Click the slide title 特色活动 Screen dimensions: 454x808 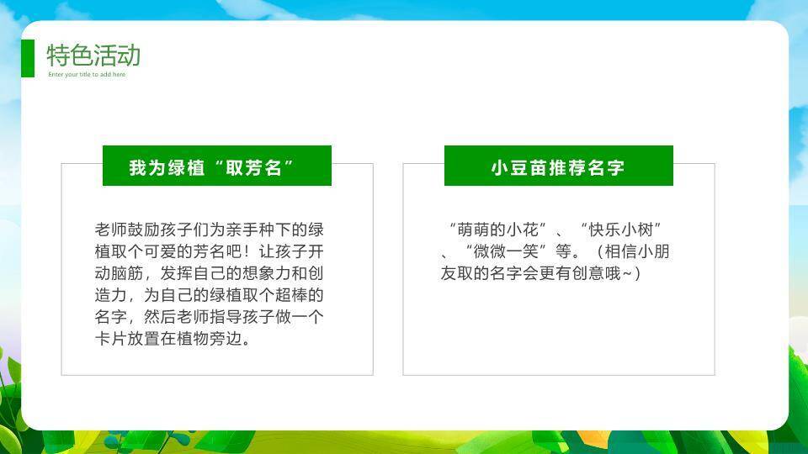(x=93, y=55)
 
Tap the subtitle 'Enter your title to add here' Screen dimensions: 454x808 (x=87, y=75)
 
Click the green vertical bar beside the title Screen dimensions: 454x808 (x=28, y=58)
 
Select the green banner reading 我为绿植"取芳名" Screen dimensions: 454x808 (x=216, y=166)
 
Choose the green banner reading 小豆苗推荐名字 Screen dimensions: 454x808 (x=558, y=166)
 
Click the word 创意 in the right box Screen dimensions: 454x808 (x=584, y=273)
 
